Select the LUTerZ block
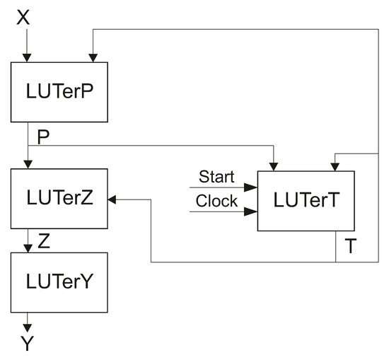point(59,199)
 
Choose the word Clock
point(216,201)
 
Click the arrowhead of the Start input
point(251,188)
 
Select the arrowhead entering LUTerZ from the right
point(113,199)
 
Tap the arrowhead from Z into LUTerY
point(27,248)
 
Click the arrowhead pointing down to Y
point(27,327)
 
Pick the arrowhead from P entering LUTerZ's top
point(27,164)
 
